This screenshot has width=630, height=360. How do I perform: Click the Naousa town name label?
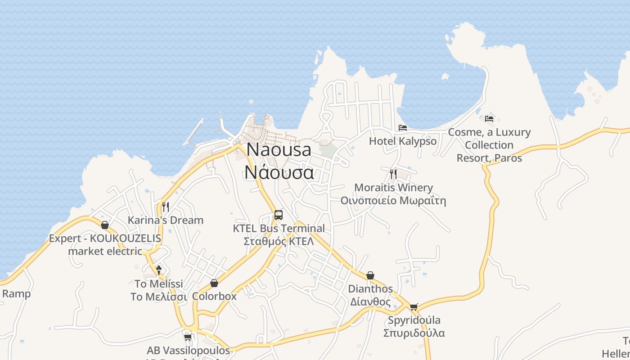point(279,149)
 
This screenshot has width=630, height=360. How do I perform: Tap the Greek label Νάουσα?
point(279,172)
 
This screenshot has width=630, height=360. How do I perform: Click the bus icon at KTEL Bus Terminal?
point(279,215)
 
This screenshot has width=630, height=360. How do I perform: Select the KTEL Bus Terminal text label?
point(279,228)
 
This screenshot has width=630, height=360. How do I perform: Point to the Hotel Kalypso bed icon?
point(403,128)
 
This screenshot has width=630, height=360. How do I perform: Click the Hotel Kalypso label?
point(403,141)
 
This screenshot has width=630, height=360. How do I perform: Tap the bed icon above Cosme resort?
point(489,119)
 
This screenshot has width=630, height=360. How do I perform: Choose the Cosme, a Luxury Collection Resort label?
point(489,145)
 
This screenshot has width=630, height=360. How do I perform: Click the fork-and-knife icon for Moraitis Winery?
point(393,174)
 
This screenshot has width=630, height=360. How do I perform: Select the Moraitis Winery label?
point(393,187)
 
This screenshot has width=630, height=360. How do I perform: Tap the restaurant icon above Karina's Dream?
point(166,207)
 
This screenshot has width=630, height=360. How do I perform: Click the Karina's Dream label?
point(166,220)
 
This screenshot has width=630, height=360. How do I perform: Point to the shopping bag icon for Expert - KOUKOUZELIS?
point(105,225)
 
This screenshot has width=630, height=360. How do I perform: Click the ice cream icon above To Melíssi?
point(159,270)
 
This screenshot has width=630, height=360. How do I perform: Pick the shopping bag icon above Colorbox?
point(214,283)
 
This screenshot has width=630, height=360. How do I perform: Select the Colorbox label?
point(214,297)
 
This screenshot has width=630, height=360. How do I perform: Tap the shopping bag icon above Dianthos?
point(370,275)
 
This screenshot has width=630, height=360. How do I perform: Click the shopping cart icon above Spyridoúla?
point(414,307)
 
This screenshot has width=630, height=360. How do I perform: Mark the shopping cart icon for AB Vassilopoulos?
point(188,337)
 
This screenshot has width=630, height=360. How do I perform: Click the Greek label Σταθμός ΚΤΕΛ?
point(279,241)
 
